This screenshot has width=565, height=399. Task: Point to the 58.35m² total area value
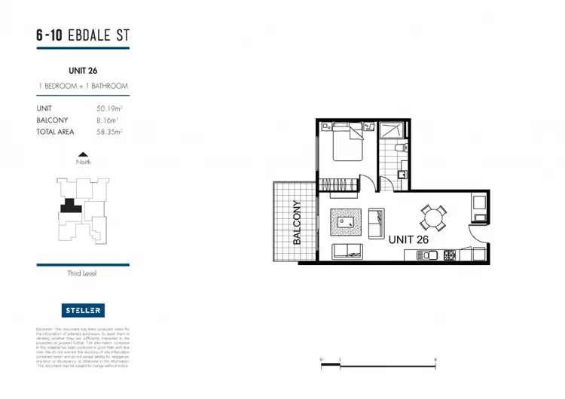tap(111, 131)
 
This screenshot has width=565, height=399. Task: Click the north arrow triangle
tap(83, 154)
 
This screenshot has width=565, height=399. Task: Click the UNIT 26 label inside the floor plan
tap(411, 239)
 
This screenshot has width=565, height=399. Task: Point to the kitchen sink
tap(429, 255)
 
